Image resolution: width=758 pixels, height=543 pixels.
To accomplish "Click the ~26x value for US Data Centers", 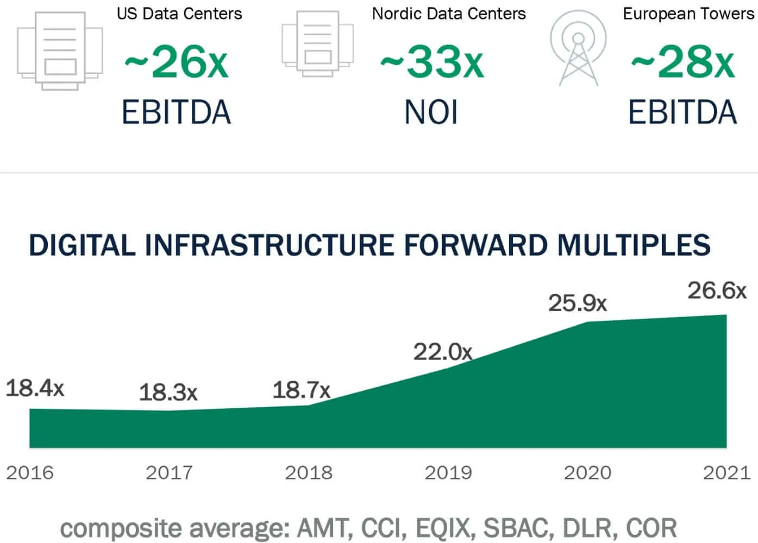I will click(176, 62).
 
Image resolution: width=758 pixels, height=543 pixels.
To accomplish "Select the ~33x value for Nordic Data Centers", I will click(431, 62).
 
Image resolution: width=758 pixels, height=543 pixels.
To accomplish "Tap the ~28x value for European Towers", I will click(682, 62).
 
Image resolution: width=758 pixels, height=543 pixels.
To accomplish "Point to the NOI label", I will click(431, 112).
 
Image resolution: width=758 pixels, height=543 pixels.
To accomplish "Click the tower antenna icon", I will click(578, 49).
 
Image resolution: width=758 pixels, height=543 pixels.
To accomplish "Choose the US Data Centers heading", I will click(179, 14).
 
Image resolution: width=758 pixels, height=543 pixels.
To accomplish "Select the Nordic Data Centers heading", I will click(449, 14).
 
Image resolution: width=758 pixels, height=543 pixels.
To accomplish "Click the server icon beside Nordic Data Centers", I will click(317, 43).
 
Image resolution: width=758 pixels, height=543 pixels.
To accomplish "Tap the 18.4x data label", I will click(35, 388).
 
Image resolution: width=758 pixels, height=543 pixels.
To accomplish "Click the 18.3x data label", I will click(168, 392).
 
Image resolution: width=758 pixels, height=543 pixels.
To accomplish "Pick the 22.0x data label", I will click(443, 352).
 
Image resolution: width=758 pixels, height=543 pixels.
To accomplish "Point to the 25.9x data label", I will click(577, 303).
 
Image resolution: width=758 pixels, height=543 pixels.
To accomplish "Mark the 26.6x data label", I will click(717, 291).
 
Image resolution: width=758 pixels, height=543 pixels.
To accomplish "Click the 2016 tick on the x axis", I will click(30, 472).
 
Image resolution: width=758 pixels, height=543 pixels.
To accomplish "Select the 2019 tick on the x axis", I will click(448, 472).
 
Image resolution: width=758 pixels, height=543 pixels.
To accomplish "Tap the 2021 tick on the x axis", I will click(726, 472).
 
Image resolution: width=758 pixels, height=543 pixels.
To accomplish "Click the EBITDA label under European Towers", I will click(682, 112).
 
